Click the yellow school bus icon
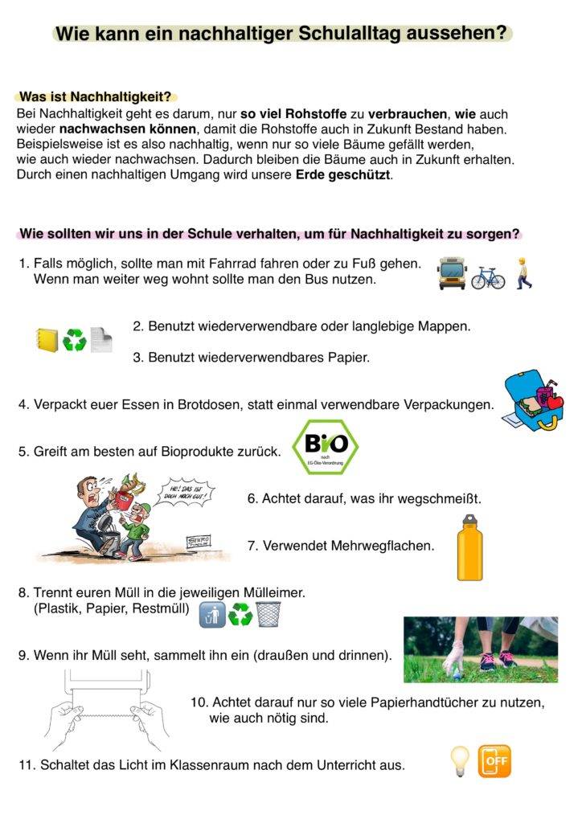pos(452,274)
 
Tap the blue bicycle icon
pos(488,276)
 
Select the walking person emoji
pos(524,273)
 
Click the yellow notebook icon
pos(47,339)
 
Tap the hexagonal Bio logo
pos(325,448)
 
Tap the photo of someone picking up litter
pos(480,649)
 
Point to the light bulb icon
pos(459,760)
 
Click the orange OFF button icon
pos(494,761)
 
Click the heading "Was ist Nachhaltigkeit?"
pos(97,97)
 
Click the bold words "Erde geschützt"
pos(343,174)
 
